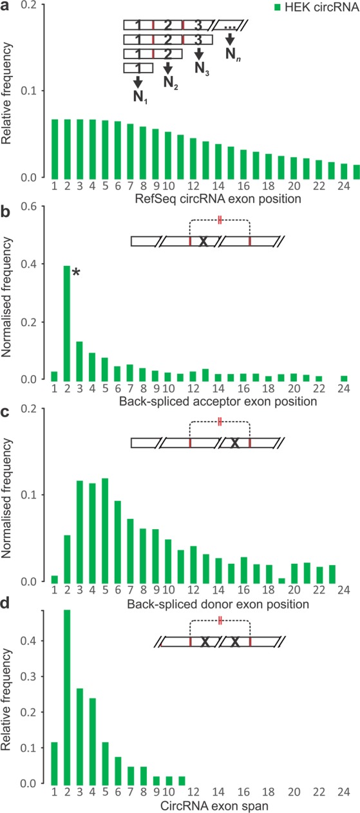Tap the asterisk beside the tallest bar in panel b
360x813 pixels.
(75, 274)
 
